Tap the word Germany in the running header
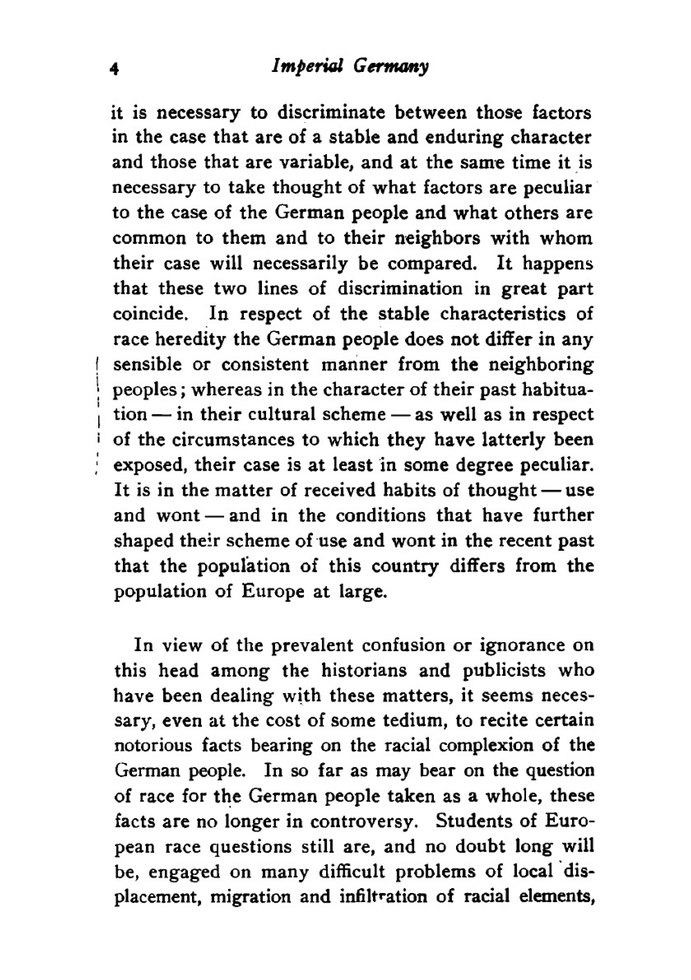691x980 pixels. click(392, 67)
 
